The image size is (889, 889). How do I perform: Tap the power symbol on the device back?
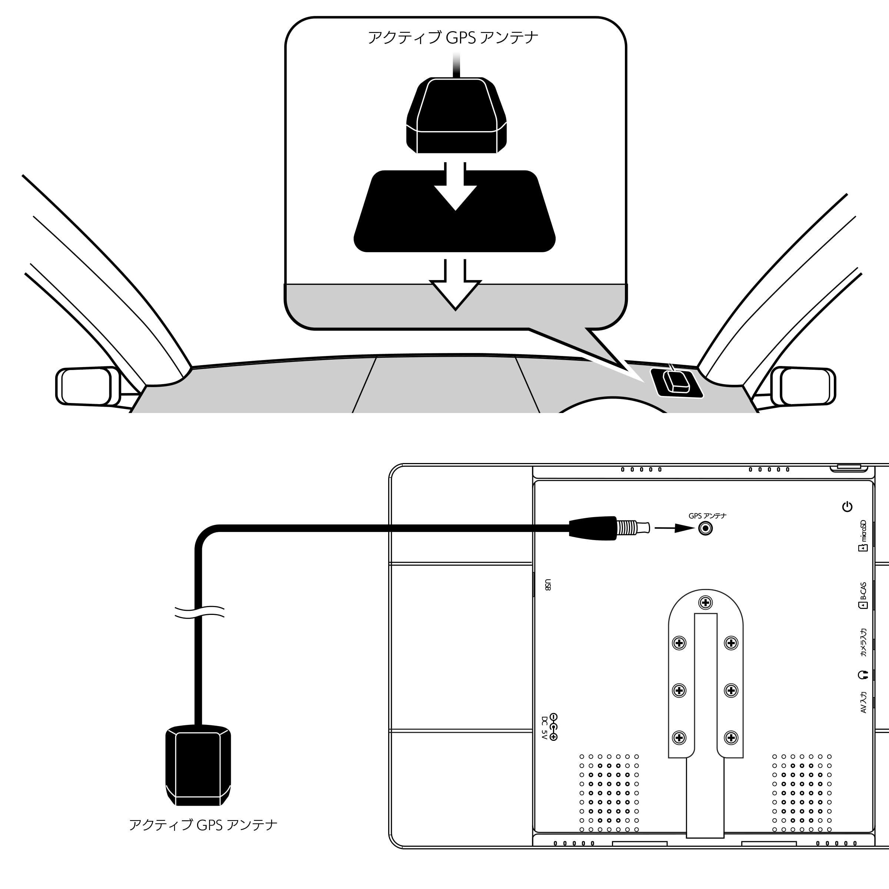pyautogui.click(x=847, y=507)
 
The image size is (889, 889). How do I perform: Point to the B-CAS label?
pyautogui.click(x=863, y=595)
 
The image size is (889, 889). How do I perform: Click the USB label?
pyautogui.click(x=547, y=585)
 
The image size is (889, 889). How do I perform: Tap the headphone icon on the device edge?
pyautogui.click(x=862, y=675)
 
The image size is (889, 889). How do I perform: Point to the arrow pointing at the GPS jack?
pyautogui.click(x=674, y=528)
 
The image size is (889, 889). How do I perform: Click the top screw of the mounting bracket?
pyautogui.click(x=705, y=602)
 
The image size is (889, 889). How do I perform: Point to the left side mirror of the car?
pyautogui.click(x=87, y=386)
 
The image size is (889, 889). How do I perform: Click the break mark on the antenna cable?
pyautogui.click(x=199, y=612)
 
